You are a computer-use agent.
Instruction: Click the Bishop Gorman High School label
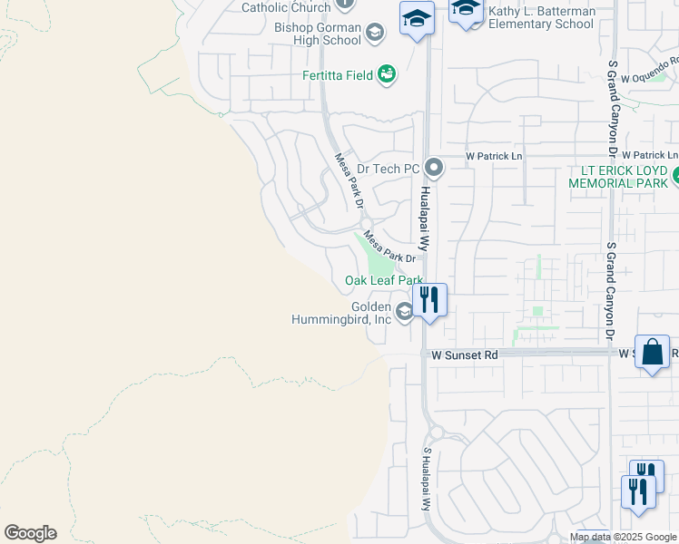318,34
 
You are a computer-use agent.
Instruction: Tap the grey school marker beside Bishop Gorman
374,34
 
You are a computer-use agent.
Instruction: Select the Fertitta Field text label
338,75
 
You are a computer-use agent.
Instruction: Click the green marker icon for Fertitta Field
387,74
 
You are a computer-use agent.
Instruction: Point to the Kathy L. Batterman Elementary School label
541,17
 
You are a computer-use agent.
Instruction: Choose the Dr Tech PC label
388,169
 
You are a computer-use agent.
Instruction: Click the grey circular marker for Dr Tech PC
434,168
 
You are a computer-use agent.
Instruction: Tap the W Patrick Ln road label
495,156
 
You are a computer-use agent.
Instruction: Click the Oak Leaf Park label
384,281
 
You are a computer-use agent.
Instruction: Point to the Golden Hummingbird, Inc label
341,313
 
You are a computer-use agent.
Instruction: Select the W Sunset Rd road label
465,356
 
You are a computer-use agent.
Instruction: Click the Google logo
30,533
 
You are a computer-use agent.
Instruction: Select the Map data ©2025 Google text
623,537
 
